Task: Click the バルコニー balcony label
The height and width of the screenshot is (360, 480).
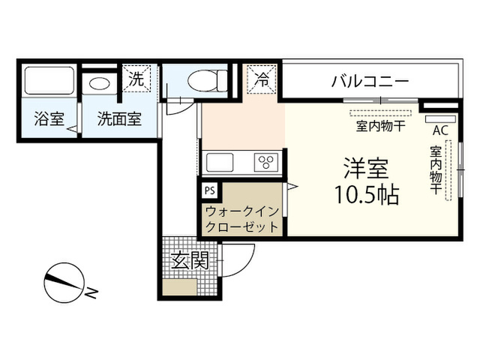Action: coord(370,82)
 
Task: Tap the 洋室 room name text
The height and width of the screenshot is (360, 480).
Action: coord(366,168)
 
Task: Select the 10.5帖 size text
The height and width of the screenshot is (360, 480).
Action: coord(367,195)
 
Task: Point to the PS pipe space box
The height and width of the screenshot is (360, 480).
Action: coord(210,190)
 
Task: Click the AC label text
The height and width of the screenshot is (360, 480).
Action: coord(440,130)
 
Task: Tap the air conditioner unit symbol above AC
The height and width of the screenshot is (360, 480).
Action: coord(440,119)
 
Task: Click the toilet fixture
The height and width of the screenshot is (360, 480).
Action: coord(208,81)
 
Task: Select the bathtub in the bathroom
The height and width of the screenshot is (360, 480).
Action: coord(49,80)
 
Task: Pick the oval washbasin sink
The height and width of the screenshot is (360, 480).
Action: coord(100,83)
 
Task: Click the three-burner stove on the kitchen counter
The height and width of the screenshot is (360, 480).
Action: coord(266,162)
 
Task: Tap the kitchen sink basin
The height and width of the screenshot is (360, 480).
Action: coord(220,163)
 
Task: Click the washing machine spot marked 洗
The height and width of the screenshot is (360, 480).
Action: coord(136,78)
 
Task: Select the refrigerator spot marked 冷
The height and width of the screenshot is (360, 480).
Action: coord(262,79)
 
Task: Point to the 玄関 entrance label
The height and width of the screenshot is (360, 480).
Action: coord(190,260)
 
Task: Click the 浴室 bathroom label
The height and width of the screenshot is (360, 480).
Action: coord(49,118)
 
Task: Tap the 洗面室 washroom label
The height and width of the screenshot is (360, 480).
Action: coord(119,118)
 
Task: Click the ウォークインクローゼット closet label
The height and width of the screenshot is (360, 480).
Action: coord(241,219)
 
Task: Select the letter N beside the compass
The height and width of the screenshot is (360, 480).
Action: coord(91,293)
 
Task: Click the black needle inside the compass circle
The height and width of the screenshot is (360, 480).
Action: coord(63,282)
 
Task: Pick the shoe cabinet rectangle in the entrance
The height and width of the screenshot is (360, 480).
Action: coord(180,287)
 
